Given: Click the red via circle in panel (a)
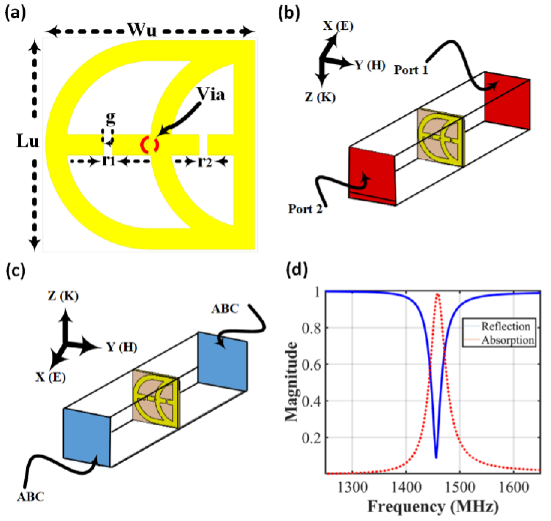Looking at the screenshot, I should pos(149,144).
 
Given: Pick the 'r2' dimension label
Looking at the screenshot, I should pos(205,162).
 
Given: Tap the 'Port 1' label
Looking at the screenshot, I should pos(411,70).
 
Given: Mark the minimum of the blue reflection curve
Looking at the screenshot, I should pos(436,458).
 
